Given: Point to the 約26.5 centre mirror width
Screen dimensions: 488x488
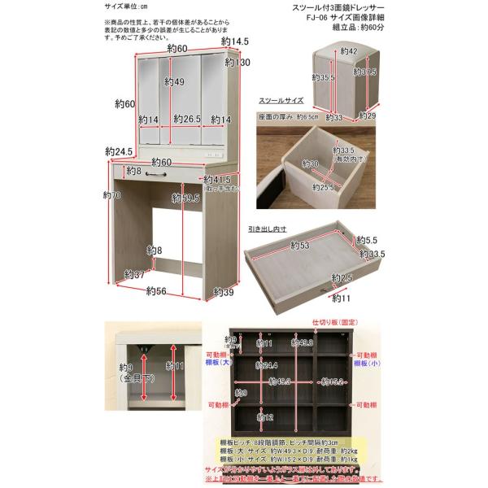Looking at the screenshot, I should point(187,120).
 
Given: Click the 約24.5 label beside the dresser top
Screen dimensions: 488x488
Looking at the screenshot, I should point(119,152).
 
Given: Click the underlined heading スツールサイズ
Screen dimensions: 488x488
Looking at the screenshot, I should point(281,102).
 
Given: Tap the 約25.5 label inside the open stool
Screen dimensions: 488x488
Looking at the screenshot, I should point(325,188).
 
